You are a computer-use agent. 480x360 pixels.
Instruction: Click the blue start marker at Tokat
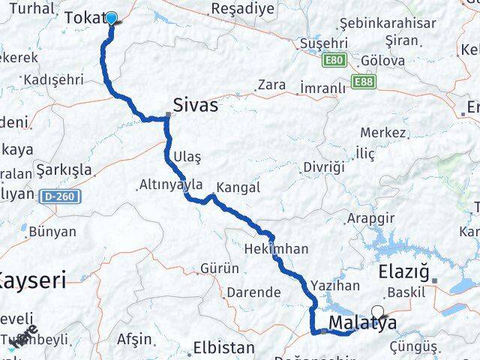[x=112, y=19]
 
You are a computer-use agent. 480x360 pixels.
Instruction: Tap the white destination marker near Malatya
[x=376, y=313]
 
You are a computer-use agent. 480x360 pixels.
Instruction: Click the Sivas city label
[x=196, y=106]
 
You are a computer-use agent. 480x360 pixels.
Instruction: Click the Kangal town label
[x=238, y=187]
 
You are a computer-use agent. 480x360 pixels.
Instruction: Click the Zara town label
[x=271, y=85]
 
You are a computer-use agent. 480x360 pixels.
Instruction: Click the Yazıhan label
[x=334, y=286]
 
